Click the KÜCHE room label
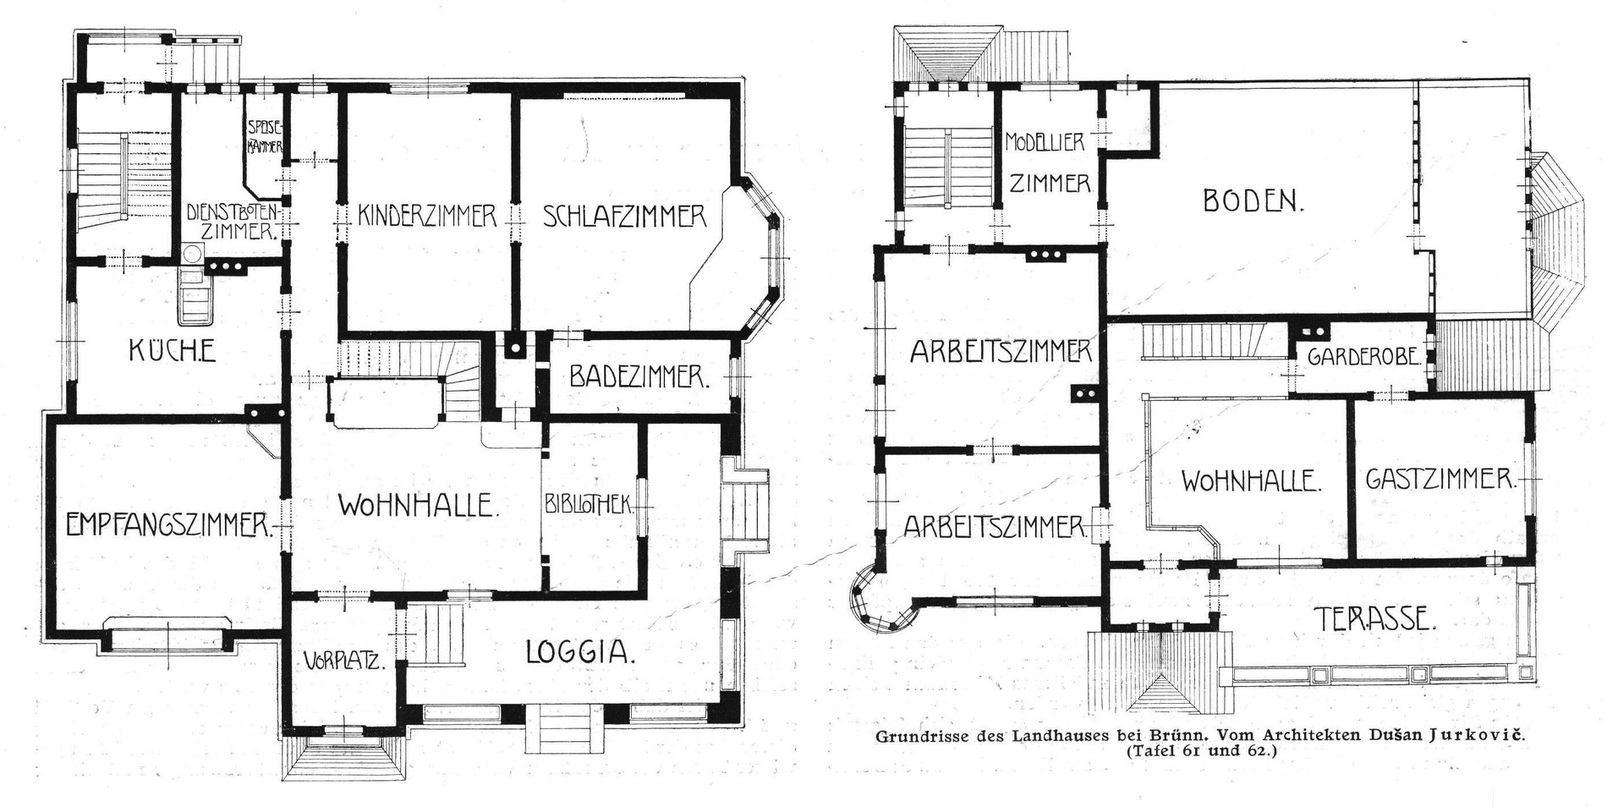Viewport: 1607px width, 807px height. (x=172, y=349)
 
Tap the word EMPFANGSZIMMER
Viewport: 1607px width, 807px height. (x=170, y=525)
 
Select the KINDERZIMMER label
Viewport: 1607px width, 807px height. (x=426, y=216)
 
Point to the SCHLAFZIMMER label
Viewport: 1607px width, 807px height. (x=624, y=216)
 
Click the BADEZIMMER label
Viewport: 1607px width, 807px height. (x=639, y=376)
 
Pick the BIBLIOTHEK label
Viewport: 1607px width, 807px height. (x=590, y=505)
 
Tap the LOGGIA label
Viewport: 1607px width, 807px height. (x=580, y=652)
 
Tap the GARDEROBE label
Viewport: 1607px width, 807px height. (x=1362, y=357)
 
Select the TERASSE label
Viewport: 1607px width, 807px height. (x=1374, y=620)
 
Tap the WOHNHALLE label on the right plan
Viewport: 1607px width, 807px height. (x=1251, y=483)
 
